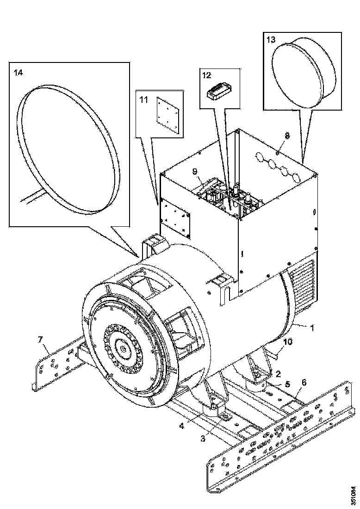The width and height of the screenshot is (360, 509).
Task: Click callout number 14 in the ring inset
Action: click(18, 73)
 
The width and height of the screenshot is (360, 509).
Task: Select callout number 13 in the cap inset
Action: click(270, 39)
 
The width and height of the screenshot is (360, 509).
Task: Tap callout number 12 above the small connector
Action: click(206, 74)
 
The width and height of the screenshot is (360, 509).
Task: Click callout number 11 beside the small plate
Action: click(143, 99)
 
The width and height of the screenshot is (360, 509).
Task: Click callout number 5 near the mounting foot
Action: click(287, 384)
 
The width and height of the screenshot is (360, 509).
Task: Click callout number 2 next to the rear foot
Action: click(278, 373)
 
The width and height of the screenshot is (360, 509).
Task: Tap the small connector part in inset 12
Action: click(218, 92)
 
